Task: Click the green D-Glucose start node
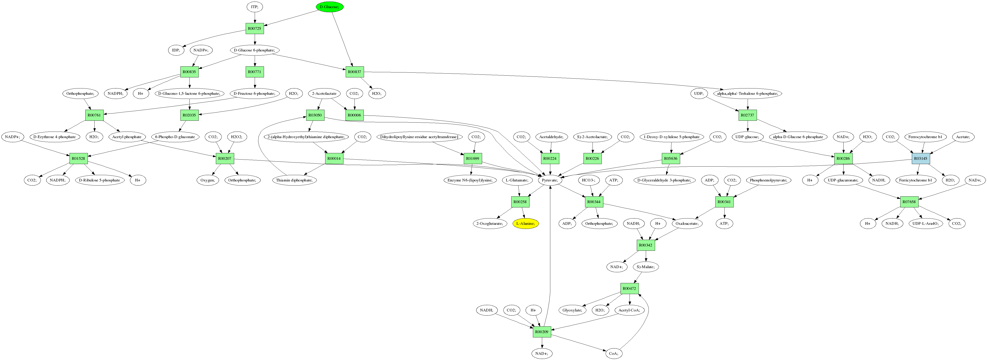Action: [329, 7]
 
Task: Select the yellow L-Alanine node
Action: [526, 223]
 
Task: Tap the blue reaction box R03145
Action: [920, 158]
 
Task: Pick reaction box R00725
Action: [254, 29]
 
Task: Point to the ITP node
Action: [254, 7]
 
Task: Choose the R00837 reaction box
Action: [355, 72]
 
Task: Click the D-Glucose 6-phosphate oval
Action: [254, 50]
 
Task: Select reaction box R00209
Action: [542, 332]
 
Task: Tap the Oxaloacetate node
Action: [687, 223]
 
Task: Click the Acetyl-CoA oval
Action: [629, 310]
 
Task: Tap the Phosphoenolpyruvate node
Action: [768, 180]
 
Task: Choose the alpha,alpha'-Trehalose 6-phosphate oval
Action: [747, 93]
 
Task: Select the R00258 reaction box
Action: [520, 202]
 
